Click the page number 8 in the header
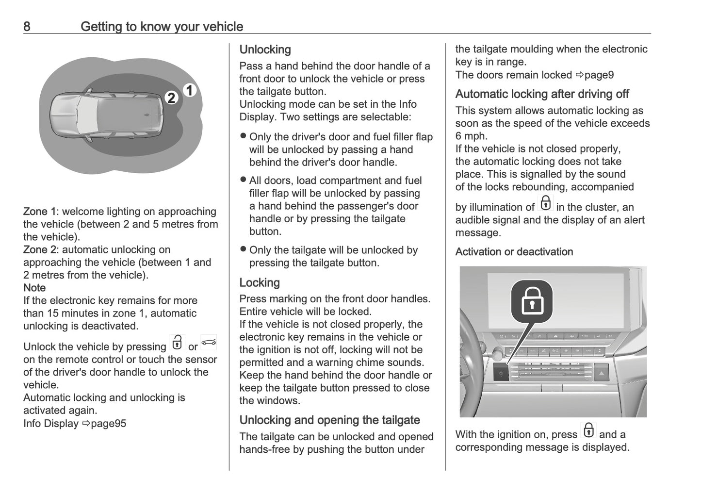[x=27, y=26]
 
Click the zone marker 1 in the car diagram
[x=190, y=90]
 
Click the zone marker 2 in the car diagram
[x=171, y=98]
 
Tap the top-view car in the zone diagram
[x=106, y=115]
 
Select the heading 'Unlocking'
[x=265, y=49]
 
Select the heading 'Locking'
[x=260, y=282]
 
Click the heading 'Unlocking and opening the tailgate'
[x=329, y=420]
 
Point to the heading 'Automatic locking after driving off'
[x=542, y=94]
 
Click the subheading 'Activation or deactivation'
[x=514, y=252]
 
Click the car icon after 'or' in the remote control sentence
[x=209, y=343]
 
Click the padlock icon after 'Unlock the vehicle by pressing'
[x=177, y=343]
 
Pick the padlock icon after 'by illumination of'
[x=546, y=203]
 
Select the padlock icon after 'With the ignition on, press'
[x=588, y=430]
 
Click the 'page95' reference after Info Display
[x=108, y=424]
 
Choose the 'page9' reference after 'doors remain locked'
[x=599, y=75]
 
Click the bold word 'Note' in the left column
[x=34, y=288]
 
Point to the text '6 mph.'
[x=471, y=136]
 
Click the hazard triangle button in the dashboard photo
[x=601, y=373]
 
